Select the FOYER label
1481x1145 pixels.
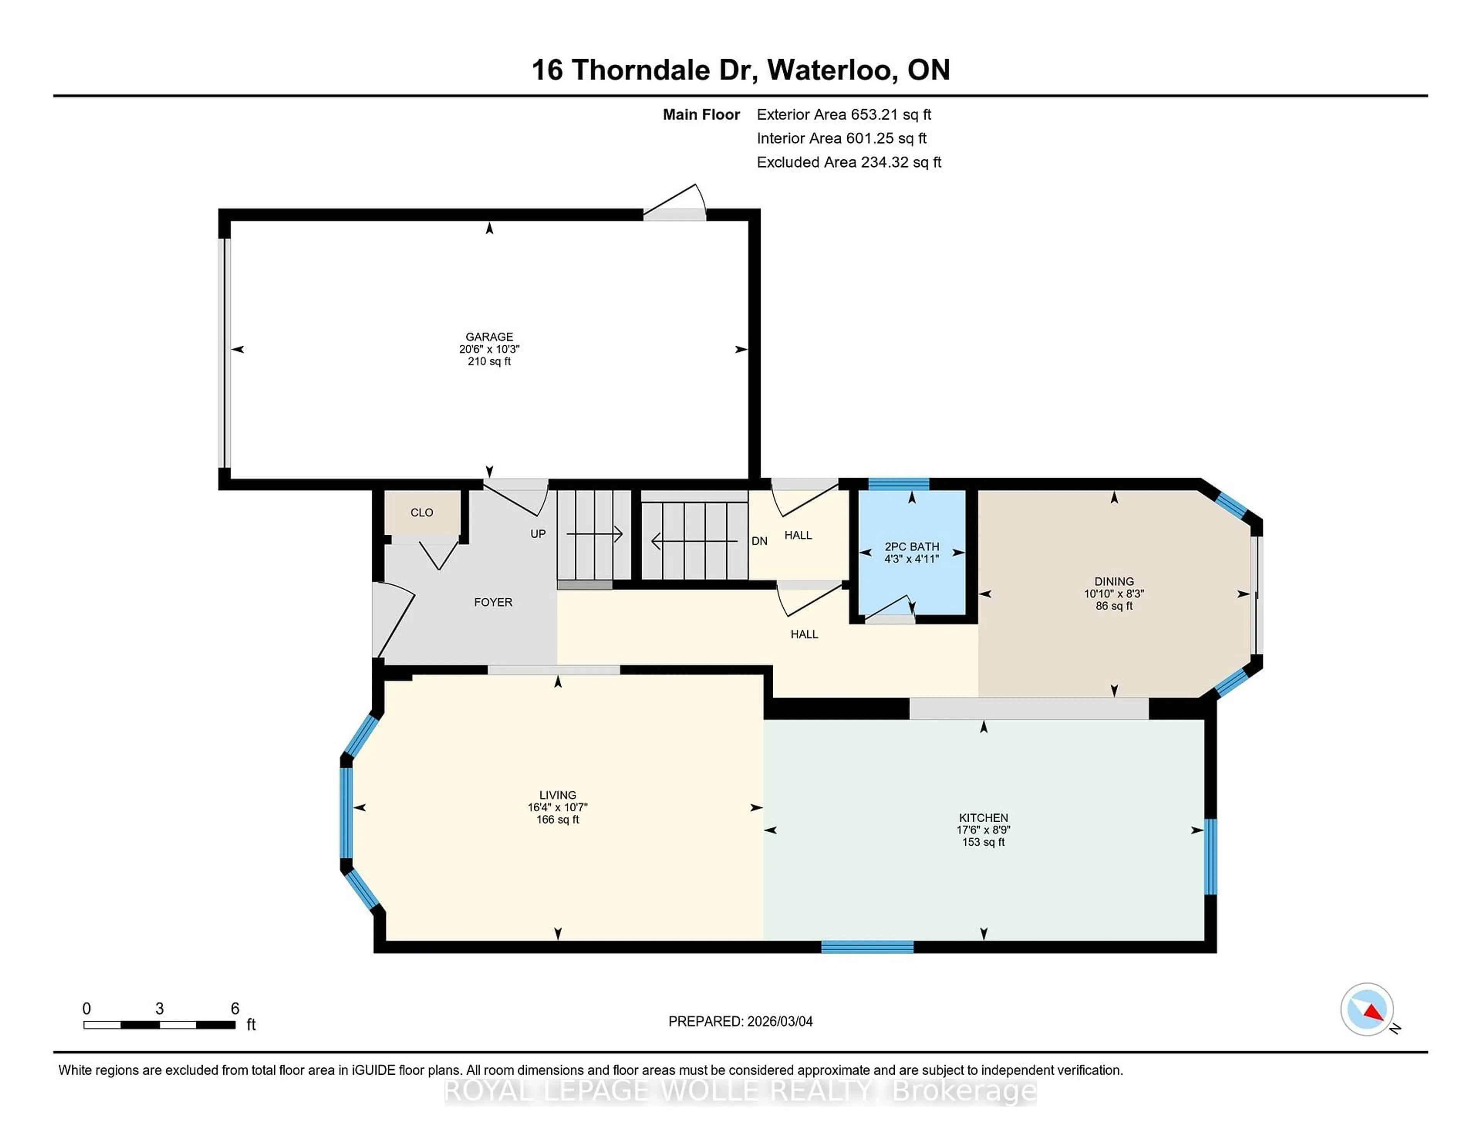click(x=493, y=602)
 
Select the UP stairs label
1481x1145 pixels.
click(x=538, y=534)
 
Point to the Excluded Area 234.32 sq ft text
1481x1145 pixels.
click(x=848, y=162)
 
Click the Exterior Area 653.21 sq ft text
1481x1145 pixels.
click(x=843, y=115)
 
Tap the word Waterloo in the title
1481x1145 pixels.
click(x=832, y=70)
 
